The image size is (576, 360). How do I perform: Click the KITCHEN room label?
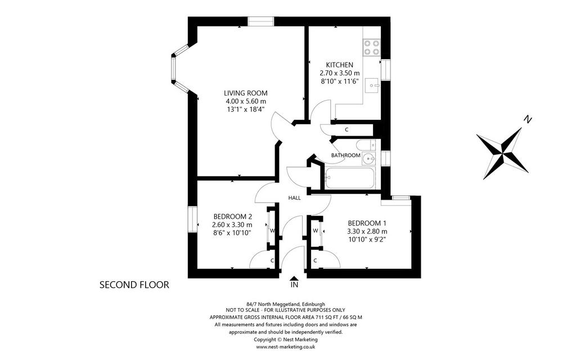[x=339, y=65]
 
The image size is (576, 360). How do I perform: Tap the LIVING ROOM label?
[x=246, y=93]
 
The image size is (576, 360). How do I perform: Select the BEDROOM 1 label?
[x=367, y=223]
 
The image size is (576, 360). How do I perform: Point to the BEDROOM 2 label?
[x=232, y=217]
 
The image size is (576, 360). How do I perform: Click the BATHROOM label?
[x=346, y=155]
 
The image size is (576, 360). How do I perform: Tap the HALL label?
[x=294, y=198]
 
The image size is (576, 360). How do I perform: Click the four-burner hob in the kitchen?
[x=372, y=47]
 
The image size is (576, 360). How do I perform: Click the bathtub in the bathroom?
[x=350, y=178]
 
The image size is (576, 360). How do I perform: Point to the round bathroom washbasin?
[x=368, y=159]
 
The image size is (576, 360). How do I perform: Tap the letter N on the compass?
[x=528, y=119]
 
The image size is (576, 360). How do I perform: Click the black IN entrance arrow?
[x=294, y=279]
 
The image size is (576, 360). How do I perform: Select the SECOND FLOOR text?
[x=134, y=285]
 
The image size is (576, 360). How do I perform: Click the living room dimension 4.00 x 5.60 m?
[x=246, y=101]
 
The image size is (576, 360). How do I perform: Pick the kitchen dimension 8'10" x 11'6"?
[x=339, y=81]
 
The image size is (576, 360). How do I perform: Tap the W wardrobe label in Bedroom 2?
[x=273, y=231]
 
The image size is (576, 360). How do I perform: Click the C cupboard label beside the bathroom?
[x=346, y=130]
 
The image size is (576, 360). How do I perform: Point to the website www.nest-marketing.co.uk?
[x=285, y=346]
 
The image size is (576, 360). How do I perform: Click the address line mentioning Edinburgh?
[x=286, y=304]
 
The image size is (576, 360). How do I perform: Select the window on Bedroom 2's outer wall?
[x=193, y=219]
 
